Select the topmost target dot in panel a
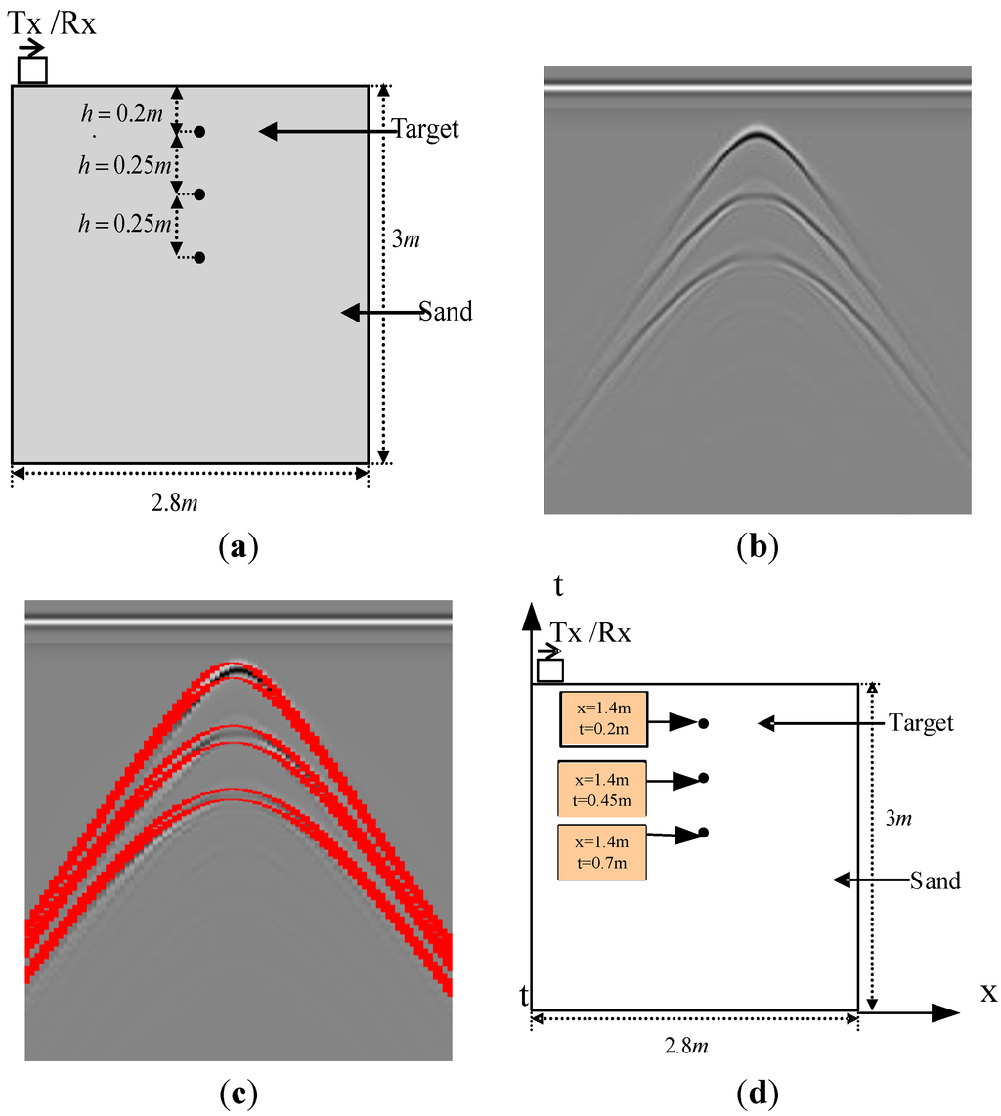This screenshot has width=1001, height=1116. pos(199,131)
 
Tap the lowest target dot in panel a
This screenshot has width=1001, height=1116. pos(199,258)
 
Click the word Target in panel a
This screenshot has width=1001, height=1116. pos(425,130)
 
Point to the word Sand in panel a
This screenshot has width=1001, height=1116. pos(446,312)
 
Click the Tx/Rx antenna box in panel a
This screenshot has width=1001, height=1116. pos(32,71)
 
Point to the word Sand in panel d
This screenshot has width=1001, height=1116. pos(935,880)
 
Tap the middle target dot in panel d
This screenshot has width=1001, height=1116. pos(704,778)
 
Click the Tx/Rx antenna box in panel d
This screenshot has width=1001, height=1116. pos(551,670)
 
